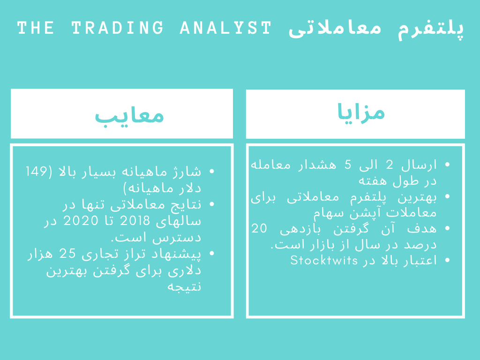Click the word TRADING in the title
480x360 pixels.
118,28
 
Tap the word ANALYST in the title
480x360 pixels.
225,28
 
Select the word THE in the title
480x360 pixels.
36,28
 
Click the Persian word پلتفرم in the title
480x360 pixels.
431,29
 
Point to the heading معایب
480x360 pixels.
129,115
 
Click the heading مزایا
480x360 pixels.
361,112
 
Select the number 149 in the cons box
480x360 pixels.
36,171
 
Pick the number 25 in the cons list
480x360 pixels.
67,254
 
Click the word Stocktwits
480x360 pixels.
324,260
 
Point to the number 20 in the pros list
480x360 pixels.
259,228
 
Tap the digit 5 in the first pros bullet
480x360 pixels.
348,165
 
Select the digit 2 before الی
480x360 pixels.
390,165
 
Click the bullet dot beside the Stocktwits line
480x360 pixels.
447,260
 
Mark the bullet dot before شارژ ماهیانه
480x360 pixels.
212,172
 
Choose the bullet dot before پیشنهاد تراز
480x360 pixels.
212,254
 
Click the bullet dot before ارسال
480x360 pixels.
447,165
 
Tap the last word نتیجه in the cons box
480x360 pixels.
184,286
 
